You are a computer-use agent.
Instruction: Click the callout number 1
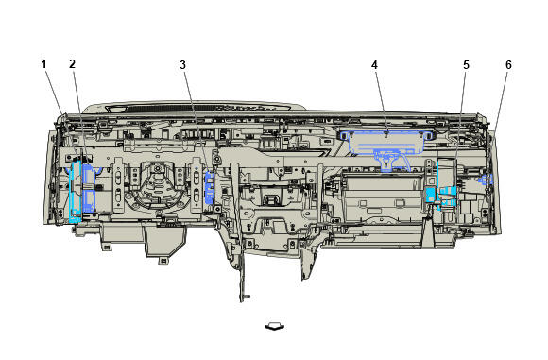tap(43, 64)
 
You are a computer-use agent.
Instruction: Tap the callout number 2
tap(72, 64)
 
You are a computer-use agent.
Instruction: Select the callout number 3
tap(182, 65)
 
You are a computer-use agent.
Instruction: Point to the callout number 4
tap(374, 65)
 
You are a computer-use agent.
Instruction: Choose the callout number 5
tap(466, 65)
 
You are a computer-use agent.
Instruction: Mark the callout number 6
tap(508, 65)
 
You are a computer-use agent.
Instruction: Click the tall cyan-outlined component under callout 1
tap(76, 192)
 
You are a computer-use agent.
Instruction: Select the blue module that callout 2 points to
tap(89, 189)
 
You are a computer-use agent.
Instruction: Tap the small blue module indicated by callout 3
tap(209, 188)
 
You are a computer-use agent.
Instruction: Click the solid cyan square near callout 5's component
tap(430, 195)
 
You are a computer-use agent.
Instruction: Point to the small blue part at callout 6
tap(490, 180)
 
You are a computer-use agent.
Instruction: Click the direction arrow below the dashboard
tap(275, 326)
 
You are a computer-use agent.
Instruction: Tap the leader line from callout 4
tap(381, 101)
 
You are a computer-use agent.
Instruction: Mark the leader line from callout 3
tap(197, 121)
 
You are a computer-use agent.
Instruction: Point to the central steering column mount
tap(157, 186)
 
